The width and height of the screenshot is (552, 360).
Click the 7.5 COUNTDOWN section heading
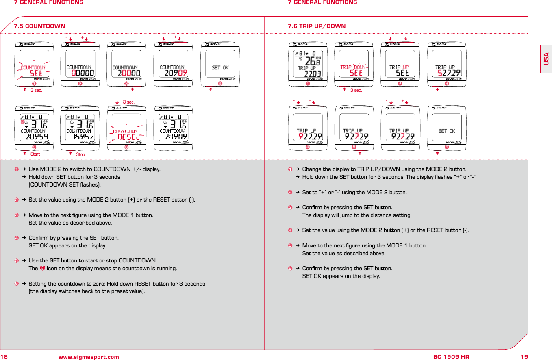point(39,26)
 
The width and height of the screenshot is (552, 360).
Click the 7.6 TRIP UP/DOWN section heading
point(317,26)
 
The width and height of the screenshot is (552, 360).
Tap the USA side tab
point(546,59)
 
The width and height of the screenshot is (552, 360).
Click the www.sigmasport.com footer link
point(89,357)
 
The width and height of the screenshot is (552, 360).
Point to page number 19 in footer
point(524,357)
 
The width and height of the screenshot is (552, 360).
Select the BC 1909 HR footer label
point(451,357)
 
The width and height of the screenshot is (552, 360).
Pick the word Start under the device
point(35,154)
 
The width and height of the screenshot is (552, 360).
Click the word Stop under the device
point(80,154)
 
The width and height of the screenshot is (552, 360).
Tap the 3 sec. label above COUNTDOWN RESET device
point(128,102)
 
